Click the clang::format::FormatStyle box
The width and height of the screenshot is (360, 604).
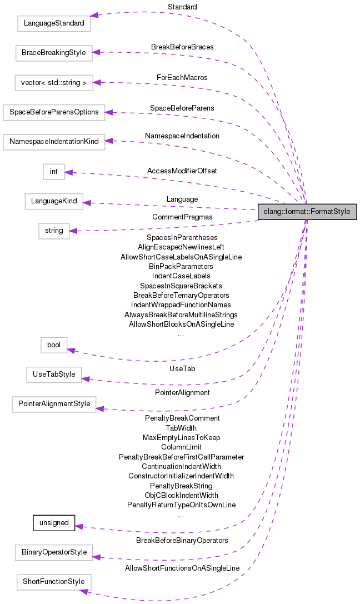click(x=307, y=212)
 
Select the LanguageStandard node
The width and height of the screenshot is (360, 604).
click(x=53, y=24)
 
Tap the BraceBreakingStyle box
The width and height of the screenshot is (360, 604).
click(x=53, y=53)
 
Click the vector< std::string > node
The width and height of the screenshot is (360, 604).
click(x=53, y=83)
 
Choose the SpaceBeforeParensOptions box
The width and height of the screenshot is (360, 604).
click(x=53, y=112)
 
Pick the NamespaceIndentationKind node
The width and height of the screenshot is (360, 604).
click(x=53, y=141)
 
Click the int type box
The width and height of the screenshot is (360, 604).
click(x=54, y=171)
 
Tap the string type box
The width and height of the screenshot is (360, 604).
click(x=54, y=231)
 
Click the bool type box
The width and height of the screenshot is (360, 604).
click(x=54, y=345)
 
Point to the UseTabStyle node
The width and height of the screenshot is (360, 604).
click(x=53, y=375)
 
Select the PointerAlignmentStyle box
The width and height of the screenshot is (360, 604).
click(x=53, y=404)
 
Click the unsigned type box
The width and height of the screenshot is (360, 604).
click(x=54, y=523)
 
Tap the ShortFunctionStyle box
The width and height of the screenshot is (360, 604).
click(x=53, y=582)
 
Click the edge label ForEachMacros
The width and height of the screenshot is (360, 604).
click(x=182, y=77)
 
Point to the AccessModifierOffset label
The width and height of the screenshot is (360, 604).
click(x=182, y=171)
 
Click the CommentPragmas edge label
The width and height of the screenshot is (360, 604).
click(x=182, y=217)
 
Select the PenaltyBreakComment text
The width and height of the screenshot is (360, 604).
click(x=182, y=418)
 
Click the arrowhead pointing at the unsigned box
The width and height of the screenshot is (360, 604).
click(x=78, y=526)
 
